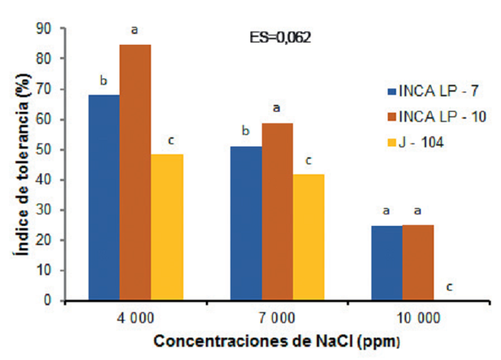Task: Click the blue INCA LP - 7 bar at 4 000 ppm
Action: coord(104,197)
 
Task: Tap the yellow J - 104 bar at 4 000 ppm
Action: coord(167,227)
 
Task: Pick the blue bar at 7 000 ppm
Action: coord(246,224)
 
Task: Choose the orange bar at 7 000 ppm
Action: coord(277,212)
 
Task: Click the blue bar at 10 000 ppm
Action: coord(387,263)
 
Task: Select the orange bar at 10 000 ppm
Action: coord(419,263)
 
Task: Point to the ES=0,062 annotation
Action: coord(281,38)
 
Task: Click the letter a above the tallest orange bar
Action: coord(135,30)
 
